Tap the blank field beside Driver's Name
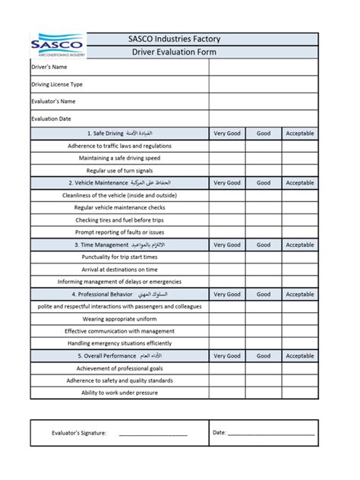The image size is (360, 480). pyautogui.click(x=263, y=67)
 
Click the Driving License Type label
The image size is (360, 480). pyautogui.click(x=57, y=84)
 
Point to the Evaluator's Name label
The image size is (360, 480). pyautogui.click(x=53, y=101)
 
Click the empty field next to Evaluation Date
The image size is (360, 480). pyautogui.click(x=263, y=118)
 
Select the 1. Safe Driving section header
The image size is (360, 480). pyautogui.click(x=119, y=134)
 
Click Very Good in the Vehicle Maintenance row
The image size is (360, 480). pyautogui.click(x=226, y=183)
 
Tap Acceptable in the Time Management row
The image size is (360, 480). pyautogui.click(x=299, y=245)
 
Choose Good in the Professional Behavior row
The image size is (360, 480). pyautogui.click(x=264, y=295)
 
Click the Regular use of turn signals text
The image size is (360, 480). pyautogui.click(x=119, y=170)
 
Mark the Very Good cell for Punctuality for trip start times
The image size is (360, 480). pyautogui.click(x=226, y=257)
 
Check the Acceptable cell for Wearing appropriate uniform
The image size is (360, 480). pyautogui.click(x=299, y=319)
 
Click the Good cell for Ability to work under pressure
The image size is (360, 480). pyautogui.click(x=264, y=393)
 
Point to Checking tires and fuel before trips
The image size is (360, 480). pyautogui.click(x=119, y=219)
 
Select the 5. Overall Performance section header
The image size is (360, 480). pyautogui.click(x=119, y=356)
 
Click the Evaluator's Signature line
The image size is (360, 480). pyautogui.click(x=153, y=433)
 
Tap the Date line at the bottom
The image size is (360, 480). pyautogui.click(x=271, y=433)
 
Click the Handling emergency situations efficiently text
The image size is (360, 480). pyautogui.click(x=119, y=343)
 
